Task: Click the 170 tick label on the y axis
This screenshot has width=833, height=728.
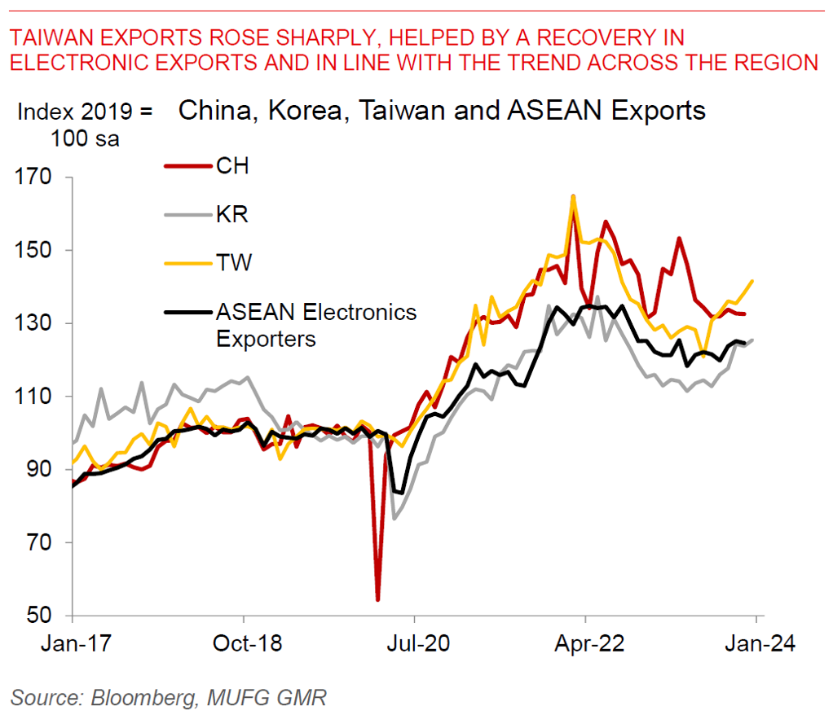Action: click(35, 178)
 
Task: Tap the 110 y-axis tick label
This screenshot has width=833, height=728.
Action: click(35, 397)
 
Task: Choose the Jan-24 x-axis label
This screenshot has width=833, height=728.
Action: click(756, 642)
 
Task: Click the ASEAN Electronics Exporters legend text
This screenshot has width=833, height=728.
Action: click(315, 324)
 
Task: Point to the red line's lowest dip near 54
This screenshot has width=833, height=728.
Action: click(378, 600)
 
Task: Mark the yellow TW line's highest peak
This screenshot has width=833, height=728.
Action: click(573, 196)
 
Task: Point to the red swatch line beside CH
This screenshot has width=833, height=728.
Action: click(185, 167)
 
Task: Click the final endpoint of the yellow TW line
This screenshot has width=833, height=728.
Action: click(752, 281)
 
